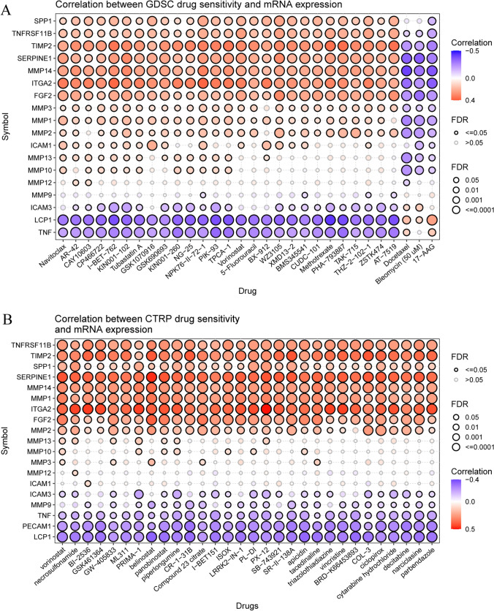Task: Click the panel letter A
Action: [7, 7]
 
